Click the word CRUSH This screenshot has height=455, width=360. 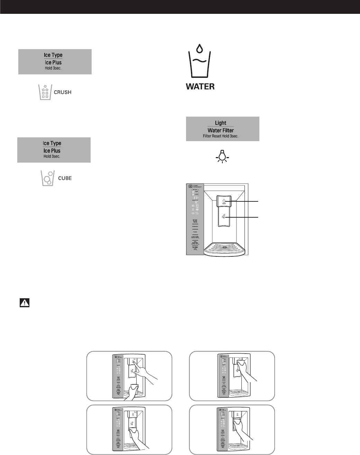63,92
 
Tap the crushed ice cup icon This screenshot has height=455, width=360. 45,92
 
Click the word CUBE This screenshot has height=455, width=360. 65,178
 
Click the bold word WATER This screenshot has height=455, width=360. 200,86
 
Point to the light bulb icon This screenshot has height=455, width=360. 223,156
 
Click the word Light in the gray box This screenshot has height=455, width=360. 221,123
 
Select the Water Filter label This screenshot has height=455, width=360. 221,130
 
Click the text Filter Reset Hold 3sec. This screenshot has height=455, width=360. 221,136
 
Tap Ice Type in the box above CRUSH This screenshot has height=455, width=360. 53,55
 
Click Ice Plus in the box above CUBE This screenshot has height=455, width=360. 52,151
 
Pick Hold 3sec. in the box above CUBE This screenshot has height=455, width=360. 52,157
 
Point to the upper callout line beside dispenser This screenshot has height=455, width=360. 246,201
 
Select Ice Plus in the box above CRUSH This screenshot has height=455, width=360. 53,63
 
